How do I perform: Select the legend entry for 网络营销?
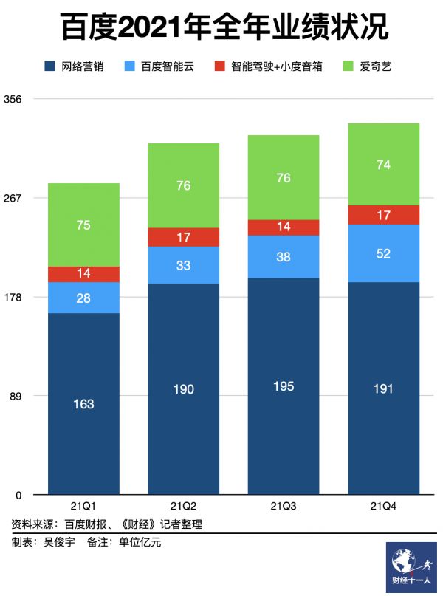coord(74,67)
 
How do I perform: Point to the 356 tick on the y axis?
coord(15,99)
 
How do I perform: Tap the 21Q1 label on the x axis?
coord(83,506)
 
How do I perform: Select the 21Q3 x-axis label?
coord(284,506)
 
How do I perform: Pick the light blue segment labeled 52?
coord(383,253)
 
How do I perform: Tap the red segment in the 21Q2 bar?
coord(184,237)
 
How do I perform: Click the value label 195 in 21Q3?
coord(284,386)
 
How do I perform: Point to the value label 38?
coord(284,257)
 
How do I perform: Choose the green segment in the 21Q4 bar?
coord(383,164)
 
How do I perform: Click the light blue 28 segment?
coord(83,298)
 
